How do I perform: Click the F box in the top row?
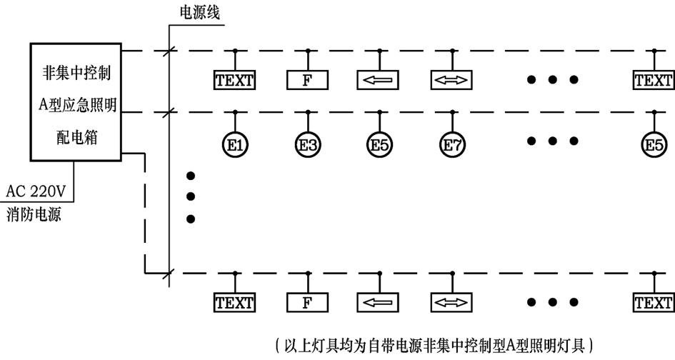point(307,80)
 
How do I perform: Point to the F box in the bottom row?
point(307,303)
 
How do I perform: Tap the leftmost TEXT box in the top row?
point(235,80)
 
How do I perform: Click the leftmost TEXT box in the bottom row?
point(235,303)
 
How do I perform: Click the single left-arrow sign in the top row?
point(379,80)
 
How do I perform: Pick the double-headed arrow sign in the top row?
point(451,80)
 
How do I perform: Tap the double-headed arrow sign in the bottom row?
point(451,303)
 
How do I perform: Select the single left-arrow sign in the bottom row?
point(379,303)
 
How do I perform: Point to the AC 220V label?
point(37,191)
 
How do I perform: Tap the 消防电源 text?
point(33,213)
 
